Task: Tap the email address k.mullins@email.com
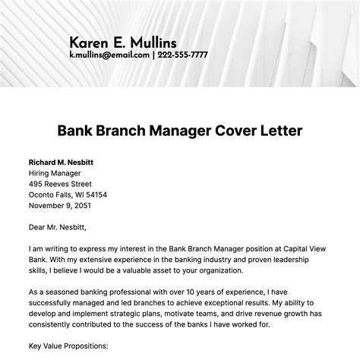[x=109, y=55]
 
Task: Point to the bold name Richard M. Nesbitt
[x=62, y=163]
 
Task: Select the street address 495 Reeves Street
[x=60, y=184]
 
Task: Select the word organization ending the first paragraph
[x=217, y=269]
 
